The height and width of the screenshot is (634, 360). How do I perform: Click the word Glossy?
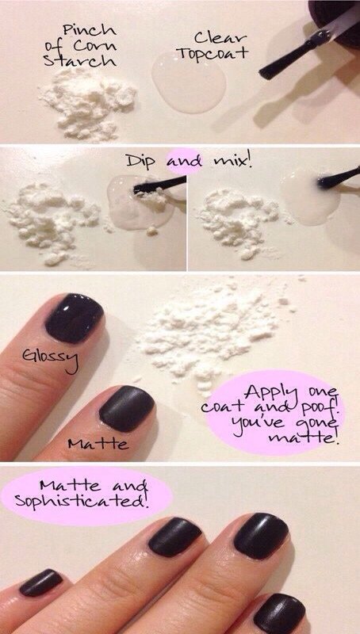[x=50, y=359]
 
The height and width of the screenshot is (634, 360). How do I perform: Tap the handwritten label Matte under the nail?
[x=98, y=444]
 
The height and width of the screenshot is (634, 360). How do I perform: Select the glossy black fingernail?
[x=74, y=319]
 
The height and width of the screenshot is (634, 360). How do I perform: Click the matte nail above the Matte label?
[x=127, y=408]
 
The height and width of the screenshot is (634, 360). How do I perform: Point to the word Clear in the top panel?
[x=220, y=38]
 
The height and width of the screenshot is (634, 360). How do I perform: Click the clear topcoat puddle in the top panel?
[x=189, y=82]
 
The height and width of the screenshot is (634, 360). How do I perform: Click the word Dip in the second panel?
[x=144, y=162]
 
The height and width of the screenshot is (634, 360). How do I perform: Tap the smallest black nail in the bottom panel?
[x=41, y=582]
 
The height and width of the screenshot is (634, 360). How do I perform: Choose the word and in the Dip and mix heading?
[x=184, y=162]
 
